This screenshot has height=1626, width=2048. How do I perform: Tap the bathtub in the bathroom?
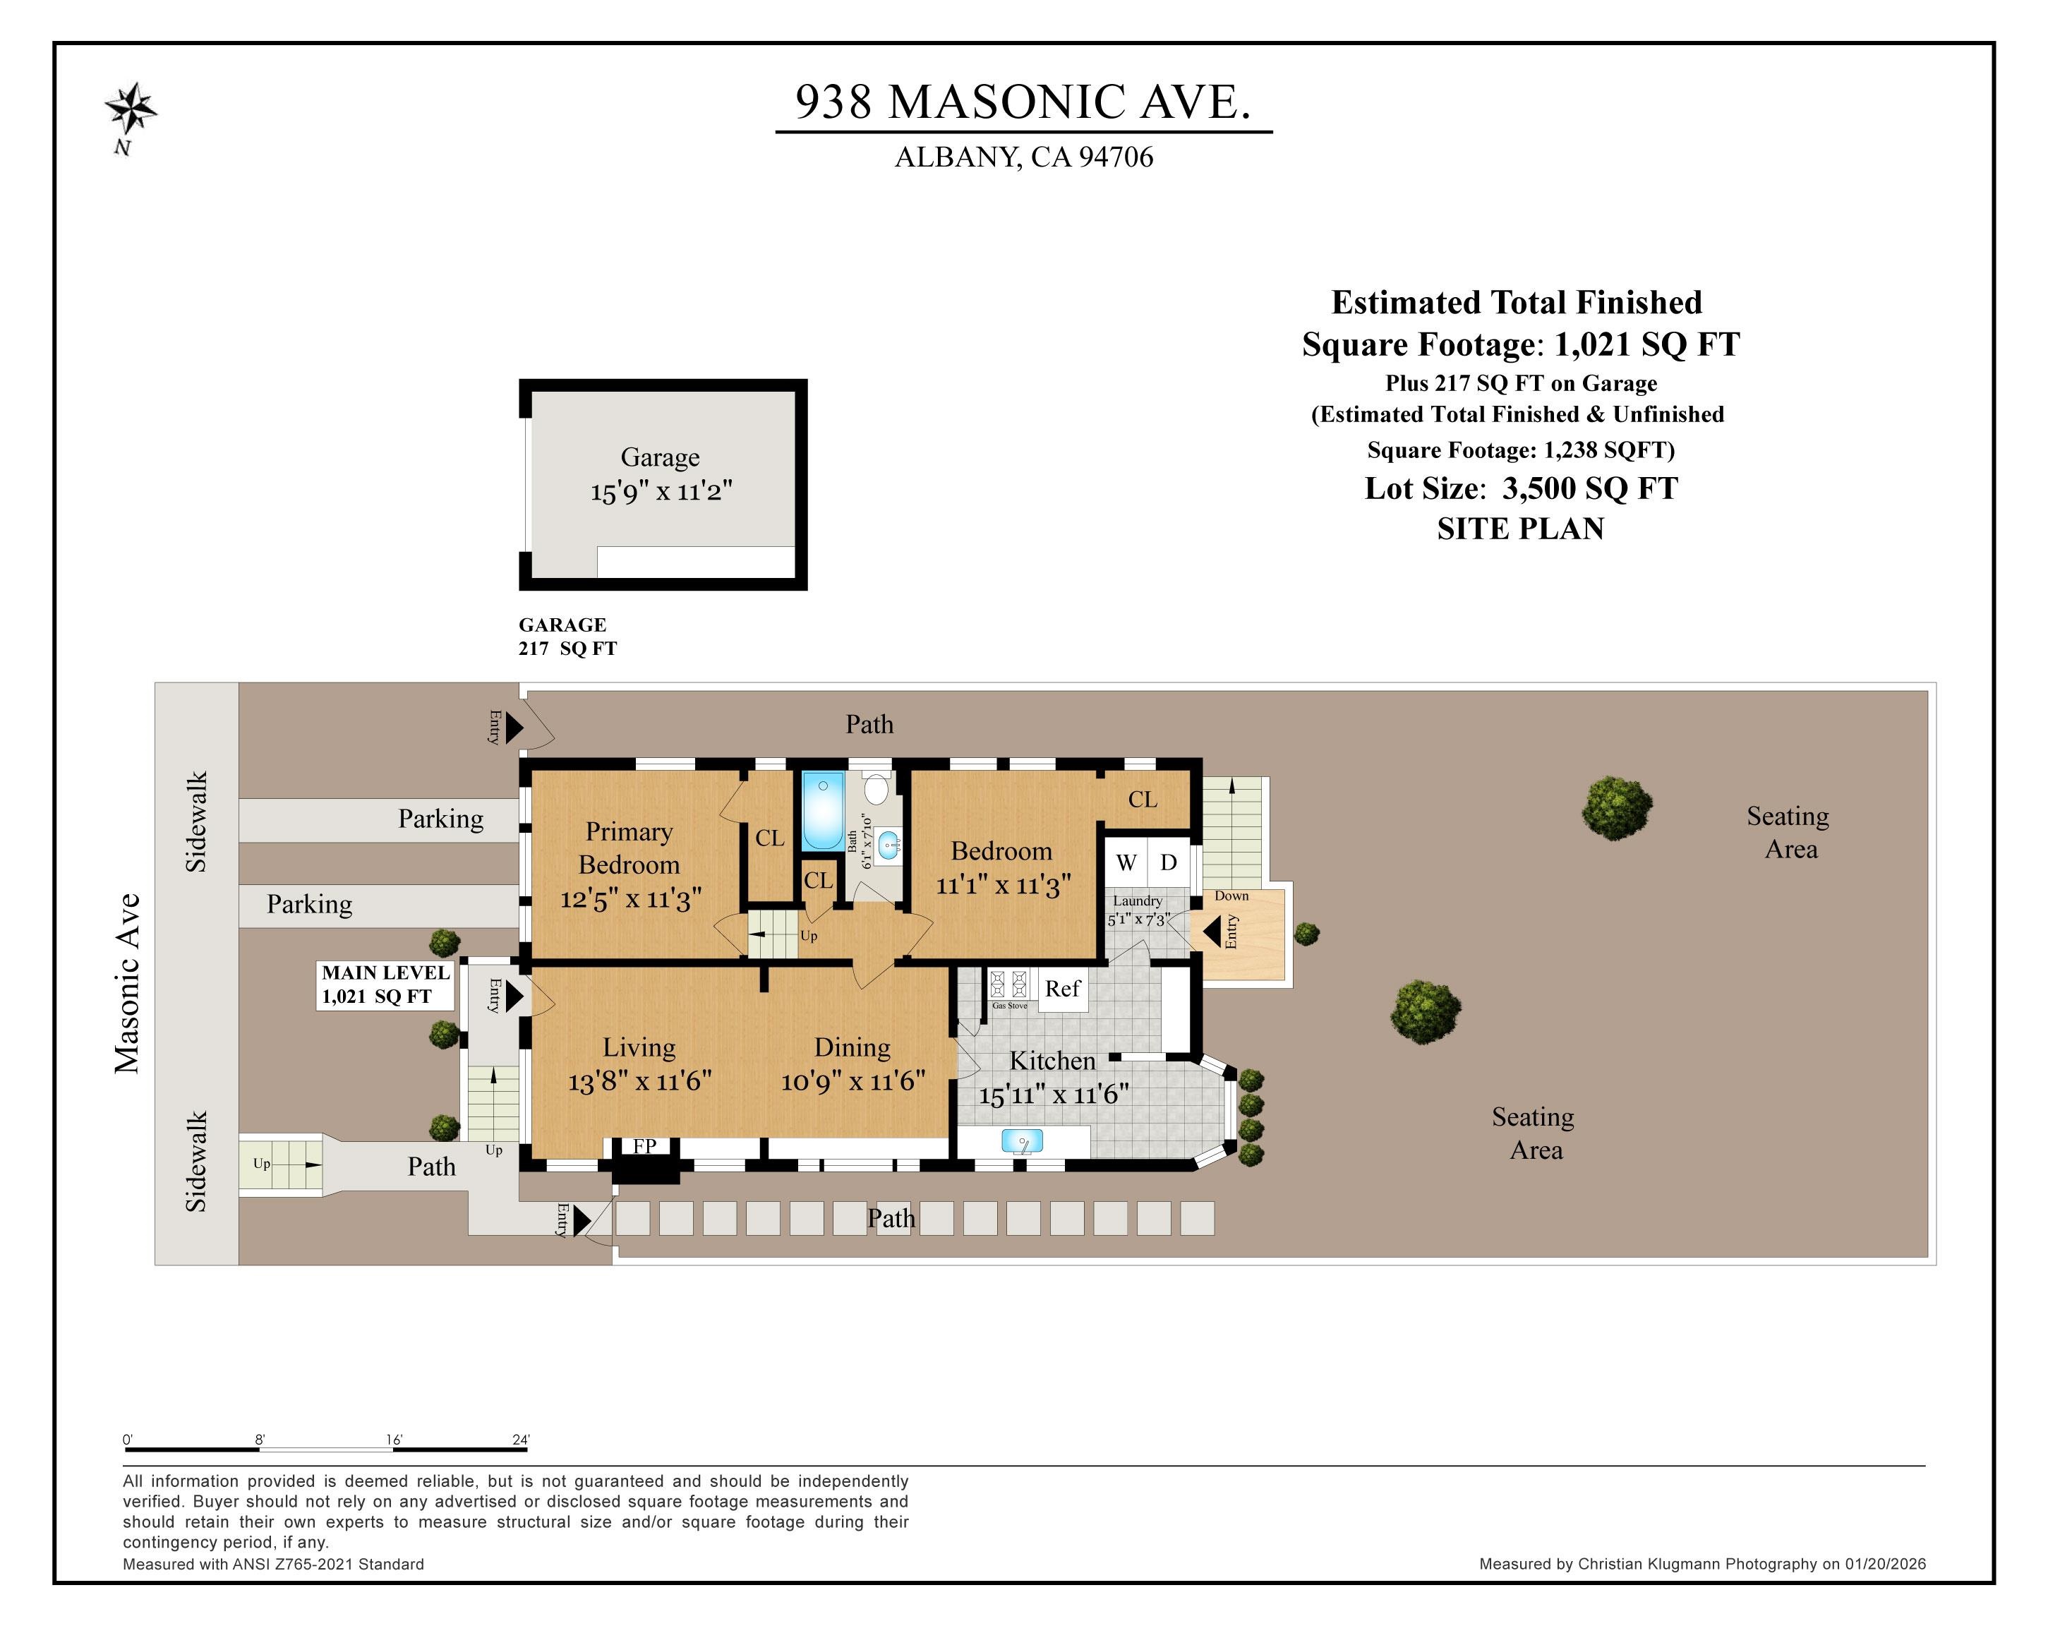coord(823,810)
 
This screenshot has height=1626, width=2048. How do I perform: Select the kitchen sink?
coord(1021,1140)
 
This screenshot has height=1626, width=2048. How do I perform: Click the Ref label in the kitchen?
coord(1062,989)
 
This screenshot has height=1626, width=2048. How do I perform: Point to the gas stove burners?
coord(1008,983)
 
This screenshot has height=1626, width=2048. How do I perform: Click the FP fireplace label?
coord(645,1146)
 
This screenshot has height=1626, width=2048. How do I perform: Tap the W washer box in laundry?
coord(1126,862)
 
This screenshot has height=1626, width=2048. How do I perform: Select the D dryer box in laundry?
coord(1169,862)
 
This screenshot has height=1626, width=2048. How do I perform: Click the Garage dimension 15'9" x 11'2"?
coord(661,492)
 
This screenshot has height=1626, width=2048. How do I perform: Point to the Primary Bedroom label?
coord(629,848)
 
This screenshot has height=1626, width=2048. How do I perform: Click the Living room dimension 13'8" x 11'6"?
coord(639,1081)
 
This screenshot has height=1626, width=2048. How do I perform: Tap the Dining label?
coord(852,1047)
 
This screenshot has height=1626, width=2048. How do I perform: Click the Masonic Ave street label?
coord(127,983)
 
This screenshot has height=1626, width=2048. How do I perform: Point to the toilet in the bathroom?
coord(877,788)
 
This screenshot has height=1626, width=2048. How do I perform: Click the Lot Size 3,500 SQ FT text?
coord(1521,488)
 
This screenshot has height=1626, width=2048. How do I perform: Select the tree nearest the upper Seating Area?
coord(1616,807)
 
